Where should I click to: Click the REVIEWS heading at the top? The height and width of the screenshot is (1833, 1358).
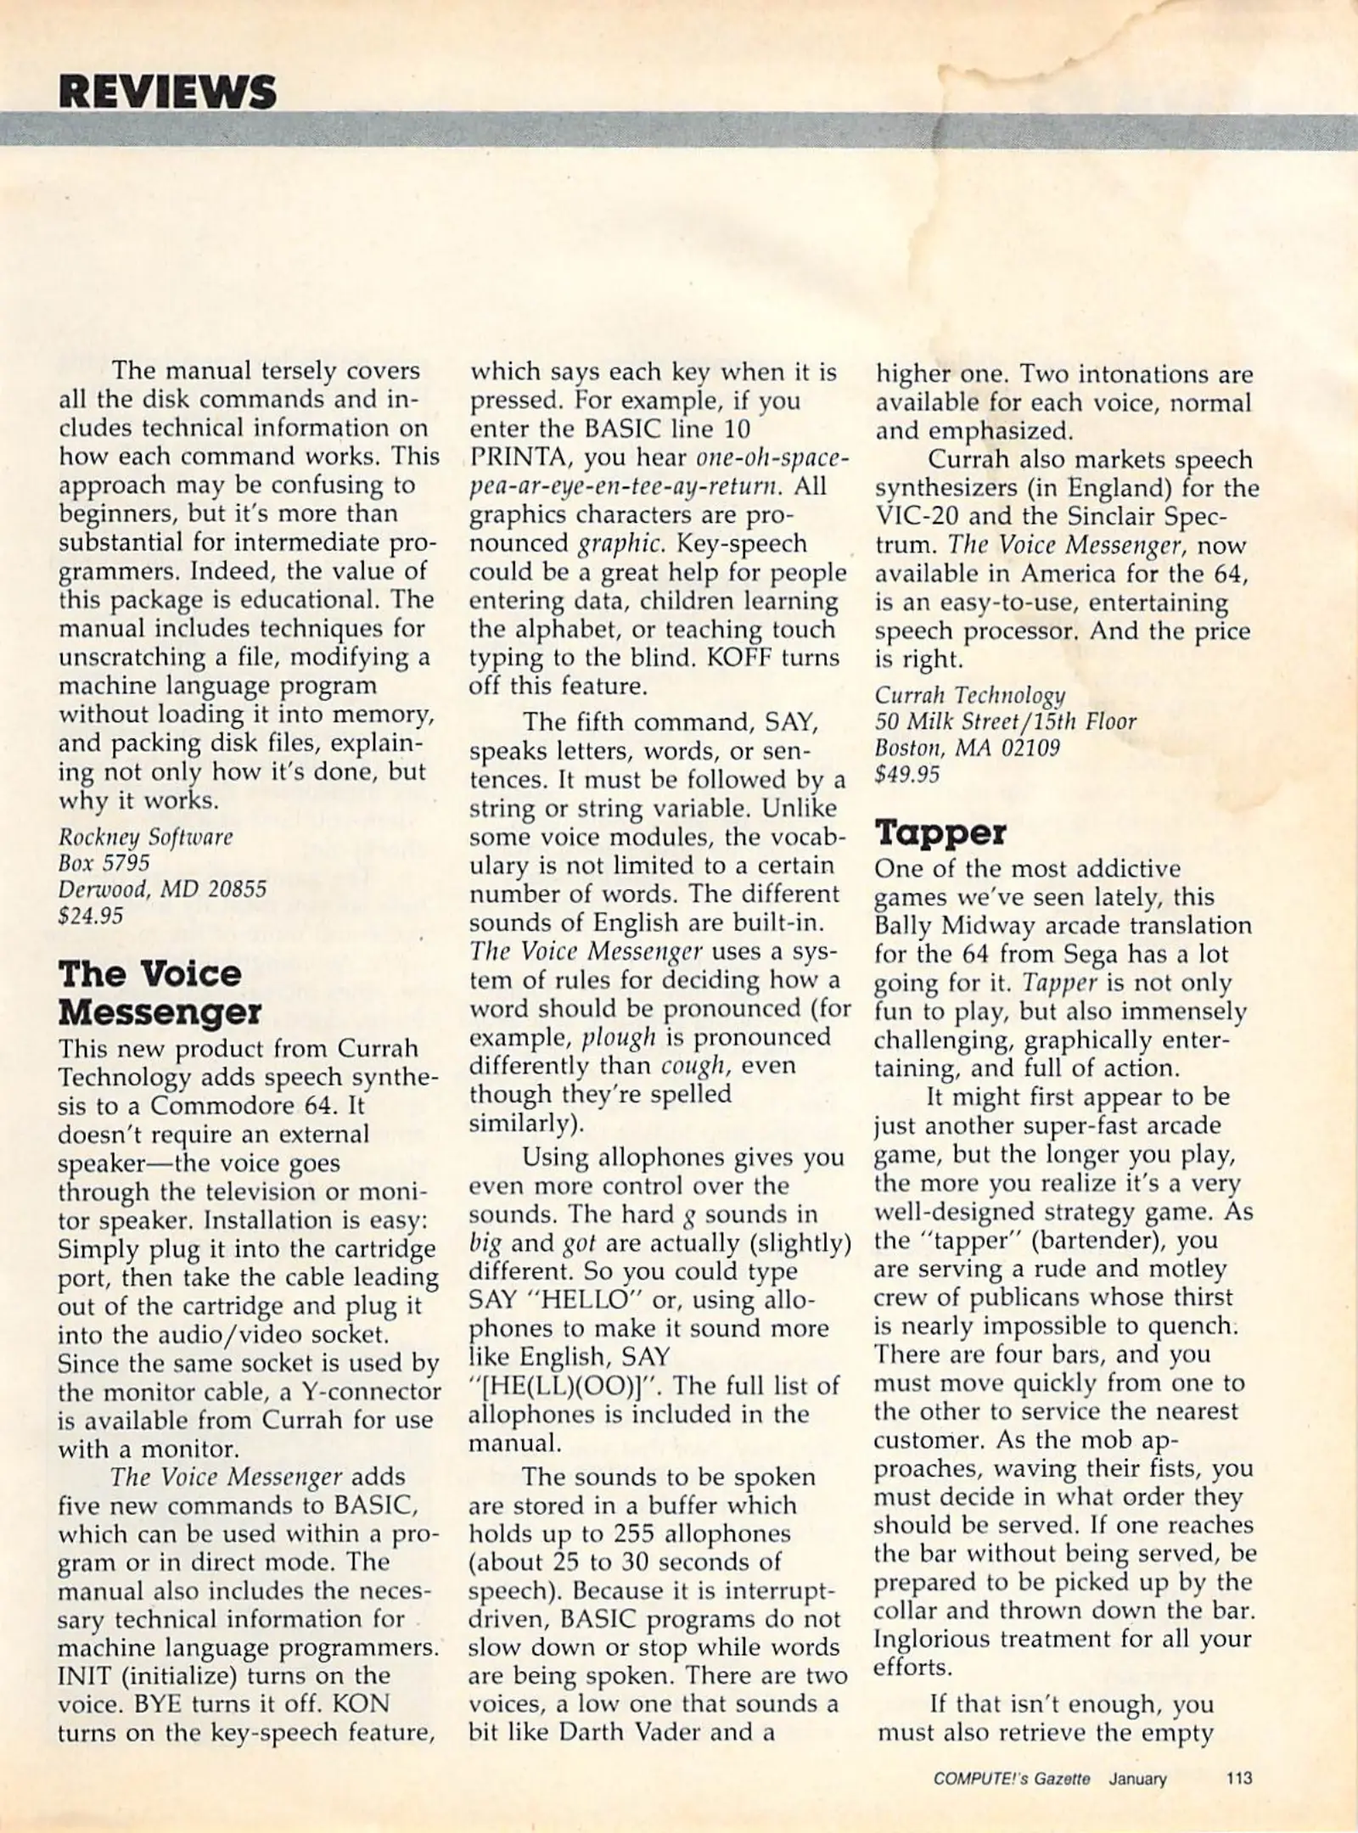pyautogui.click(x=167, y=92)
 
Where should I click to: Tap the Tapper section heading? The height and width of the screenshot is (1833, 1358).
pyautogui.click(x=940, y=833)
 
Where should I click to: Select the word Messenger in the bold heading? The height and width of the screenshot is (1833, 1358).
pyautogui.click(x=160, y=1012)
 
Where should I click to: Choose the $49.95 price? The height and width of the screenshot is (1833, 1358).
pyautogui.click(x=907, y=775)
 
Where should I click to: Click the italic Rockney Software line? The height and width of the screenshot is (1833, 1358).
pyautogui.click(x=145, y=837)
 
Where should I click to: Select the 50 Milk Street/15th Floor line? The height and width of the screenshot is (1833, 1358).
pyautogui.click(x=1005, y=720)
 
